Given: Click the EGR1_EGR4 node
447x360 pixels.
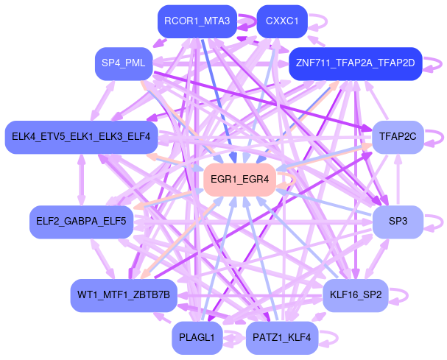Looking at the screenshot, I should pos(239,179).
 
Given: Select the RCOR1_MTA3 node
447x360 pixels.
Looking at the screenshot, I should pos(198,22).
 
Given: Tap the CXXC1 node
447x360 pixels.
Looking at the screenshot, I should pos(282,22).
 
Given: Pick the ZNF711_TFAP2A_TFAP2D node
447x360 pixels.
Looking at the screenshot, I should pos(355,63).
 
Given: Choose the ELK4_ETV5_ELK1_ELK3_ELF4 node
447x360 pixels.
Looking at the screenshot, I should pos(81,137).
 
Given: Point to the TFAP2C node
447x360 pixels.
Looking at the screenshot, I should pos(398,137).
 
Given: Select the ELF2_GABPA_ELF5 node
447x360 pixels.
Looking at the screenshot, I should pos(81,221).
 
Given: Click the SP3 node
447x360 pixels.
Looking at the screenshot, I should pos(398,221).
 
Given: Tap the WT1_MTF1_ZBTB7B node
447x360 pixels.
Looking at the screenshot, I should pos(124,296).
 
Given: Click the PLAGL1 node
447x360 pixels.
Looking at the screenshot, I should pos(197,338).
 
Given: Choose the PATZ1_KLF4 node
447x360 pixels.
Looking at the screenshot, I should pos(282,338).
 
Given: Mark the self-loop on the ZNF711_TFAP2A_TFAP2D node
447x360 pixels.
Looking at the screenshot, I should pos(434,63).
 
